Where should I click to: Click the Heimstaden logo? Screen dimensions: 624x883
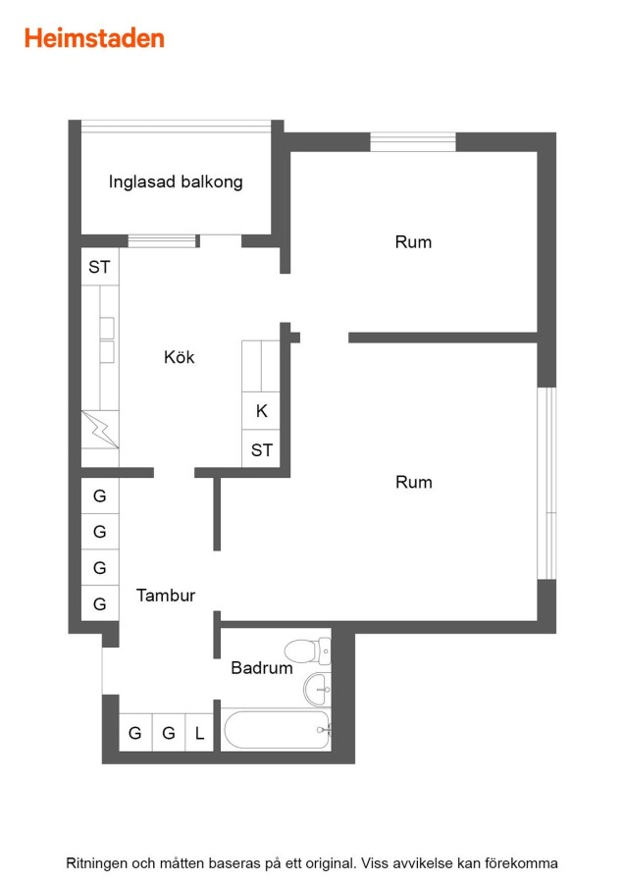[94, 38]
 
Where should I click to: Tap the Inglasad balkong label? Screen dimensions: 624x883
[176, 182]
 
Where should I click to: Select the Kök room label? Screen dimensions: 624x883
[180, 356]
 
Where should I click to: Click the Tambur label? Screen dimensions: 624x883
[166, 596]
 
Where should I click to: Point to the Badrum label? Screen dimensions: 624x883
[262, 668]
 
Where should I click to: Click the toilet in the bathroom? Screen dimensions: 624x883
[307, 651]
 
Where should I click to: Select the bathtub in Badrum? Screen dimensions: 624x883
[276, 730]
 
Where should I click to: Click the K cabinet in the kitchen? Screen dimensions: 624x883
[261, 411]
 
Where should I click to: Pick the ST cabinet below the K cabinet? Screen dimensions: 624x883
[261, 448]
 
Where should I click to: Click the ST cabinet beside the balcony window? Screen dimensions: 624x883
[100, 266]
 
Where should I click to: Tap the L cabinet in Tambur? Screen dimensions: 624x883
[199, 733]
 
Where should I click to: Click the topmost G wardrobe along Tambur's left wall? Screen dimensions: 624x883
[100, 495]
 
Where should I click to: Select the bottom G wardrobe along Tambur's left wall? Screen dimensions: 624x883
[100, 603]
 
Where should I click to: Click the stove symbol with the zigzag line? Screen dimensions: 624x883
[100, 429]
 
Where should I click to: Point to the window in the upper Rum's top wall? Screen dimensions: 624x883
[413, 142]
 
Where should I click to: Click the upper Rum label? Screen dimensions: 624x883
[413, 242]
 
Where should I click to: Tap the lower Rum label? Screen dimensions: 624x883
[414, 482]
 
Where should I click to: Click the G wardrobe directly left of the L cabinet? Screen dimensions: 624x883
[169, 733]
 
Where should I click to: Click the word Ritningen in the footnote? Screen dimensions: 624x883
[96, 863]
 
